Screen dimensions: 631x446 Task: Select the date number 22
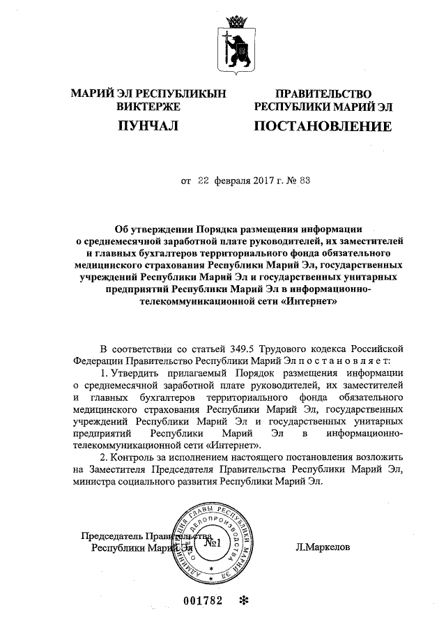click(x=203, y=181)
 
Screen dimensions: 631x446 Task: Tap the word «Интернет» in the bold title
click(x=306, y=303)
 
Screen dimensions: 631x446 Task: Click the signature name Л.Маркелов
click(x=323, y=547)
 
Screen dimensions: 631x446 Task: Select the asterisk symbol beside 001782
click(x=243, y=600)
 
